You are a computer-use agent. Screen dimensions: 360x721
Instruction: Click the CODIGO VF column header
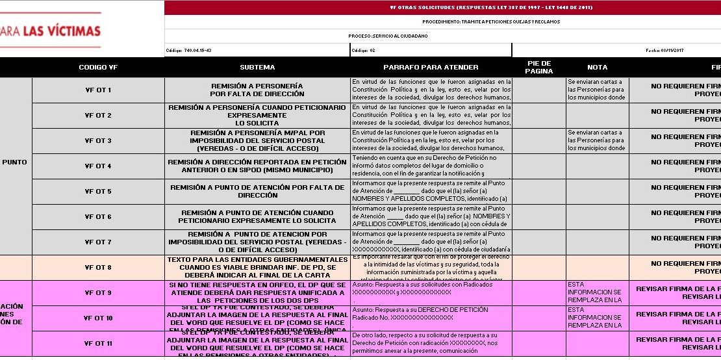[98, 68]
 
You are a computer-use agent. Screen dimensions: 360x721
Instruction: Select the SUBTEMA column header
[257, 68]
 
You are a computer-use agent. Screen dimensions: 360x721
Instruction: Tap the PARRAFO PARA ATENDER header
[431, 68]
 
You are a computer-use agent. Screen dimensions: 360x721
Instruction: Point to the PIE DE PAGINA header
[538, 68]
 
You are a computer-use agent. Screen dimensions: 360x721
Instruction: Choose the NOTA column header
[597, 68]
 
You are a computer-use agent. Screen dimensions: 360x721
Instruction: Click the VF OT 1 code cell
[98, 90]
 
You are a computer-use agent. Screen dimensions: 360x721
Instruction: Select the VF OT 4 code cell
[98, 166]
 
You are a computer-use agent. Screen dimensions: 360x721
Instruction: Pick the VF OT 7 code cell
[98, 242]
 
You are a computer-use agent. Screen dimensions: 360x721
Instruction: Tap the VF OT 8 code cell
[98, 268]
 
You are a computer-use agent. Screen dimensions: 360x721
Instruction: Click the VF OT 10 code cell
[98, 318]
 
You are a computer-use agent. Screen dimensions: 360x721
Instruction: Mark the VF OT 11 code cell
[98, 344]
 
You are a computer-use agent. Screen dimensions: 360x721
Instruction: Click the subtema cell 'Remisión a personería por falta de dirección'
[257, 90]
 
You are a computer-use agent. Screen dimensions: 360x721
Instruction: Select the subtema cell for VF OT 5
[257, 192]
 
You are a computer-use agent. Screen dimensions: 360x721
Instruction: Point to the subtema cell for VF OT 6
[257, 217]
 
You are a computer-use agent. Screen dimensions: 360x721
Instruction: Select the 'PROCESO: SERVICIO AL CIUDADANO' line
[388, 36]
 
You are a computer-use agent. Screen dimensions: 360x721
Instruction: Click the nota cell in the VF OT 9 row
[597, 293]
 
